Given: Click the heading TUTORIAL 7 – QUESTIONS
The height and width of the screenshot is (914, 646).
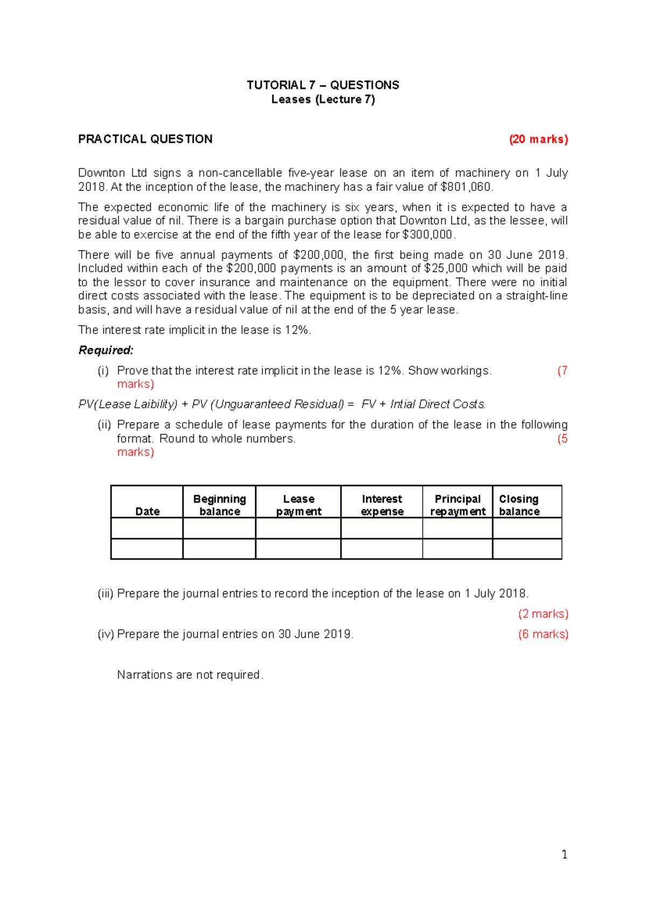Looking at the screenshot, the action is [322, 85].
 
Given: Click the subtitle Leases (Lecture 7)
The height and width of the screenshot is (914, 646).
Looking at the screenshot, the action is [322, 99].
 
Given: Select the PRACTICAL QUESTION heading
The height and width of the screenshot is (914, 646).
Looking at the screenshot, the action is [145, 139].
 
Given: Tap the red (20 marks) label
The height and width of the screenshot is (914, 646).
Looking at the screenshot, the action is [538, 139].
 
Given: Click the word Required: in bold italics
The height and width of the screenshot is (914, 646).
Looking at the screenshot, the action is [106, 350].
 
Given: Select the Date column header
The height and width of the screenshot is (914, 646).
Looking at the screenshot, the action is [147, 511].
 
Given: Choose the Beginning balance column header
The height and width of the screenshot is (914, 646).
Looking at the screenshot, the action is [220, 505].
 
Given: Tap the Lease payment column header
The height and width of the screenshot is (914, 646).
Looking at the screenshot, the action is [298, 505].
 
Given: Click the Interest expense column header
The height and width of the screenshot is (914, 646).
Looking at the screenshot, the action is [382, 505].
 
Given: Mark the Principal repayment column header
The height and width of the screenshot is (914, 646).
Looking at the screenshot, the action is [458, 505].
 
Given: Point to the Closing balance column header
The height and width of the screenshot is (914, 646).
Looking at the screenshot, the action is [519, 505].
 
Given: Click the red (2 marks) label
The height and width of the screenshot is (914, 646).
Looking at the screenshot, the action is [543, 614].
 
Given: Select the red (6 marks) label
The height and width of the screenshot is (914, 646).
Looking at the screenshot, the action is [543, 635].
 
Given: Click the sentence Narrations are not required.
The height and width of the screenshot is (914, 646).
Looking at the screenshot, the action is [190, 675].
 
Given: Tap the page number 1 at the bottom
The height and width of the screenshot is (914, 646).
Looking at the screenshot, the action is [564, 855].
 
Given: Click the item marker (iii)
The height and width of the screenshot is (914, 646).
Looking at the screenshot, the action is [105, 594].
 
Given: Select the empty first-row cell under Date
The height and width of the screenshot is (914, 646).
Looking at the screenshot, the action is [147, 528].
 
